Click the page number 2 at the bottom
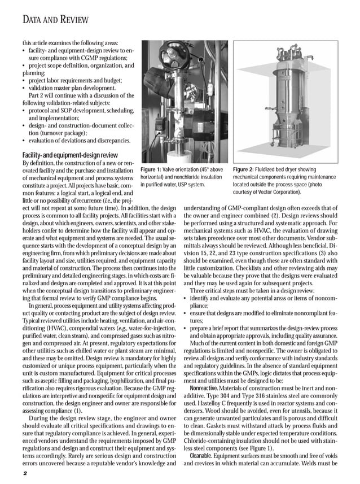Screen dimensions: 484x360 coord(25,473)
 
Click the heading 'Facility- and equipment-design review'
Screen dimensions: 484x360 coord(69,154)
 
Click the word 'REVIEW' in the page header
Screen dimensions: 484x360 coord(72,20)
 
